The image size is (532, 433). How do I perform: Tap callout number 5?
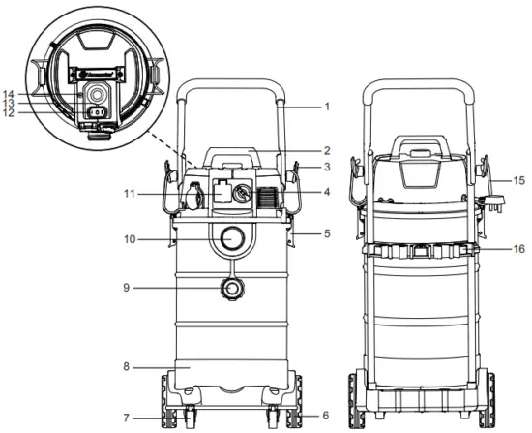tap(328, 234)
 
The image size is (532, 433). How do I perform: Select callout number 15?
tap(519, 179)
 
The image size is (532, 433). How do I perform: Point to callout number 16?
tap(518, 248)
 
